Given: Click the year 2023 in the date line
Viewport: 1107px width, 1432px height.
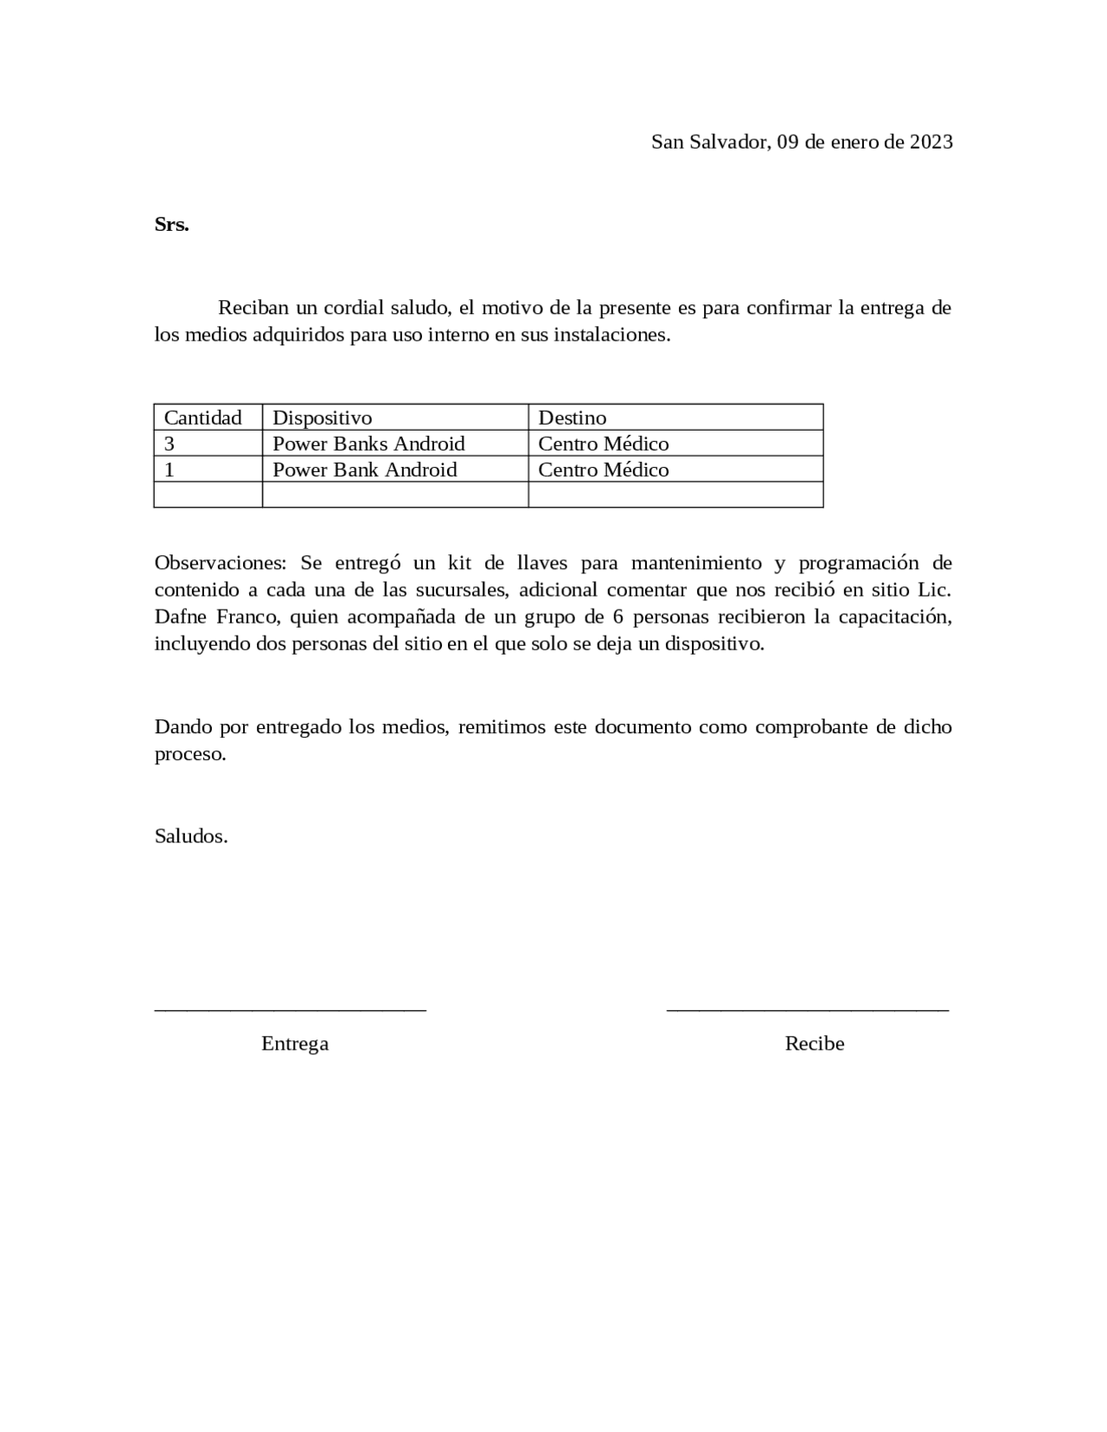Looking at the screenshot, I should click(931, 142).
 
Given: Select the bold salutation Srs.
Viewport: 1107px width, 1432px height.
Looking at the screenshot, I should click(171, 225).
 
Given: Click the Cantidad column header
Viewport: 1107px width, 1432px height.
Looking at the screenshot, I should click(202, 418).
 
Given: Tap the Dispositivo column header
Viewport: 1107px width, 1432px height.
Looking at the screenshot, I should click(322, 418).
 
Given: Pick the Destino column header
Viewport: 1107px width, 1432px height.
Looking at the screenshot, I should click(572, 418).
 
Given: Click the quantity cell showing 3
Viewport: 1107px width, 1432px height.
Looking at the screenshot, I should click(170, 444).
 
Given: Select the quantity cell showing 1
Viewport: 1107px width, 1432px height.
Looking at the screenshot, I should click(170, 470).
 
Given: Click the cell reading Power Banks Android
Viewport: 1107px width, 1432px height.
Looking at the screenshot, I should click(368, 444).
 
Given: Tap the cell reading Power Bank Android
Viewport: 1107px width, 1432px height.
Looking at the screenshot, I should click(364, 470).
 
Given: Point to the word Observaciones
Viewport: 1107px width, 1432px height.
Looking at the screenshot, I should click(220, 563).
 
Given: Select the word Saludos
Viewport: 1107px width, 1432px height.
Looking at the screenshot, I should click(191, 836).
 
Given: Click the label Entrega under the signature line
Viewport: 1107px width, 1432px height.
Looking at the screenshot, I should click(295, 1044).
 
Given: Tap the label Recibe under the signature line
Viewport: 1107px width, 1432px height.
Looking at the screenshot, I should click(814, 1044).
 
